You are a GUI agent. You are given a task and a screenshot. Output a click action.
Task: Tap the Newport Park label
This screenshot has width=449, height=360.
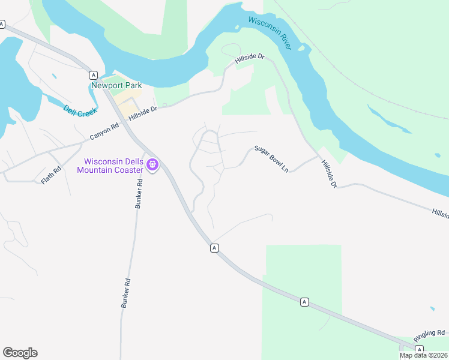pos(116,85)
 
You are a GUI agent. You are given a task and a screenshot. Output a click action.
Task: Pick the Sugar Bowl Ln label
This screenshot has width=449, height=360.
pos(271,159)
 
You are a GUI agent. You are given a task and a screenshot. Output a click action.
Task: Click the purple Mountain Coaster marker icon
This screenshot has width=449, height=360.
pos(152,164)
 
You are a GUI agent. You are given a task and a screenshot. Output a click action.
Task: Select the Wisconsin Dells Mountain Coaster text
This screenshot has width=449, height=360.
pos(112,165)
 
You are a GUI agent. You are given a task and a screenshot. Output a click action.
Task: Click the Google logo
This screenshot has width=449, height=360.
pos(20,353)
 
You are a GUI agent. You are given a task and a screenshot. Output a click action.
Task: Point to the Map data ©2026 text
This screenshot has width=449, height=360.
pos(423,355)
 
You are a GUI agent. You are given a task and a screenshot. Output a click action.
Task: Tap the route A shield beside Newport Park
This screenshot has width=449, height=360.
pos(93,75)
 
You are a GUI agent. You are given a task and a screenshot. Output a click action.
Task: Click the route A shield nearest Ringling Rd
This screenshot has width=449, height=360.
pos(419,349)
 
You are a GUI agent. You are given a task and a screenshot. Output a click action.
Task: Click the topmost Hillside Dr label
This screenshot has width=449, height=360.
pos(250,59)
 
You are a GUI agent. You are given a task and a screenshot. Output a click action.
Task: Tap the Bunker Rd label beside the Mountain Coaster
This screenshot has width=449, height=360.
pos(139,193)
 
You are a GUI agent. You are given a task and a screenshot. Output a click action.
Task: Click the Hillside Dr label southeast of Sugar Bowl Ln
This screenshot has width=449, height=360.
pos(329,175)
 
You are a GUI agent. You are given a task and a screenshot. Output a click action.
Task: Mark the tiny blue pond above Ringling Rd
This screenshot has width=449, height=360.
pos(433,309)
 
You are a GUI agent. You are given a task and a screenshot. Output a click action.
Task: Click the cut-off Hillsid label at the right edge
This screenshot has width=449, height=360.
pos(440,212)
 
